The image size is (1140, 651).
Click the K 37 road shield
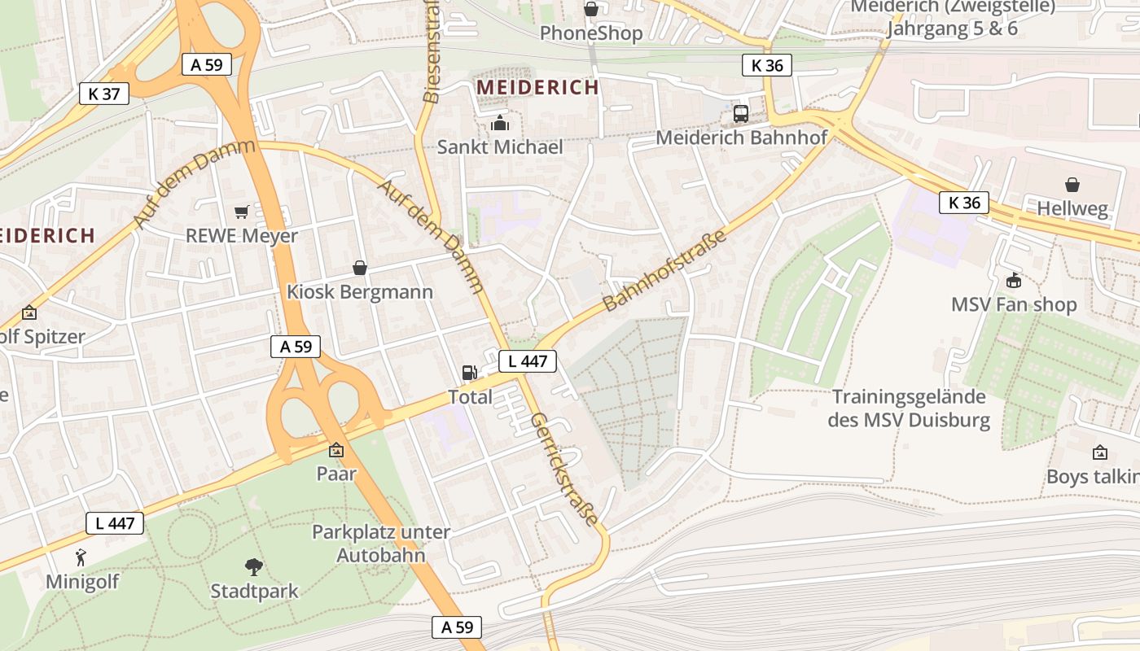[x=104, y=94]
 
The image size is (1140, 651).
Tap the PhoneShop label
[x=591, y=33]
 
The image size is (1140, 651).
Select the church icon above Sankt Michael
[x=500, y=124]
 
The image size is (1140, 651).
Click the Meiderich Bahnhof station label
[x=741, y=138]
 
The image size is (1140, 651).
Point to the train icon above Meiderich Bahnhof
[x=741, y=114]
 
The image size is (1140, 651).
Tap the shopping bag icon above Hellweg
[x=1072, y=186]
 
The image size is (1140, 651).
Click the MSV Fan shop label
[x=1014, y=304]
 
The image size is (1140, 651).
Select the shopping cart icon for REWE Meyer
[x=241, y=212]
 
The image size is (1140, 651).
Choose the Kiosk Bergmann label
[x=359, y=291]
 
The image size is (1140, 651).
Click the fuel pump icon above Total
[x=470, y=373]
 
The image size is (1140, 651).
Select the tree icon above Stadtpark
[x=254, y=566]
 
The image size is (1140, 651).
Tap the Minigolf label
[x=82, y=582]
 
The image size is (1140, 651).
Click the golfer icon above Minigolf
[x=81, y=557]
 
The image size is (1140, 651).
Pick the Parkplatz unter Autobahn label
[x=381, y=544]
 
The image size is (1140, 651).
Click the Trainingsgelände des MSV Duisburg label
[x=909, y=409]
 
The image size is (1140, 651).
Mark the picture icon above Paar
[x=336, y=450]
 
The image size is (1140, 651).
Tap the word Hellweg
[x=1072, y=209]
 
